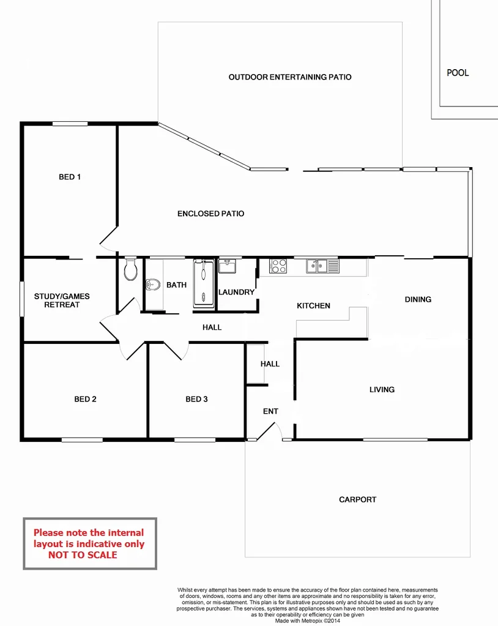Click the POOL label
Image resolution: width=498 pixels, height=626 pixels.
click(458, 73)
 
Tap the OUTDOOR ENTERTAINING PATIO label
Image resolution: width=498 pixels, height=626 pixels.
click(290, 78)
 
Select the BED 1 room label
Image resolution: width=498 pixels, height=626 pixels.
click(70, 177)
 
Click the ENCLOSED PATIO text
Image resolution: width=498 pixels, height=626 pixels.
click(210, 214)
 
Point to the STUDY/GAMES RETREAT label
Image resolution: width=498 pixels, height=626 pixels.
click(62, 300)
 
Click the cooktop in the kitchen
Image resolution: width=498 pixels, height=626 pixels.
click(278, 266)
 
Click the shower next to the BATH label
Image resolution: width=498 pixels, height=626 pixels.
click(203, 283)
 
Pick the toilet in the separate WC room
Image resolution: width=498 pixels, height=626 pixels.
click(130, 270)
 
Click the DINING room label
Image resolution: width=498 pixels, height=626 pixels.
click(418, 300)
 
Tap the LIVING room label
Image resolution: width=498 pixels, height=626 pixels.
click(382, 390)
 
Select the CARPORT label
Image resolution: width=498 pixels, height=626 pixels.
click(357, 500)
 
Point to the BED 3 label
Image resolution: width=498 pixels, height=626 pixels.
click(196, 400)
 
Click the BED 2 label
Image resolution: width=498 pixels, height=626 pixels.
click(85, 400)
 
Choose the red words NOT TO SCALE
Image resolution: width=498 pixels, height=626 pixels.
click(83, 555)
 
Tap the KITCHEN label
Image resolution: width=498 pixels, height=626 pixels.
click(313, 306)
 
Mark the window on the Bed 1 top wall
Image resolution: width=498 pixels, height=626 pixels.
click(69, 124)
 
